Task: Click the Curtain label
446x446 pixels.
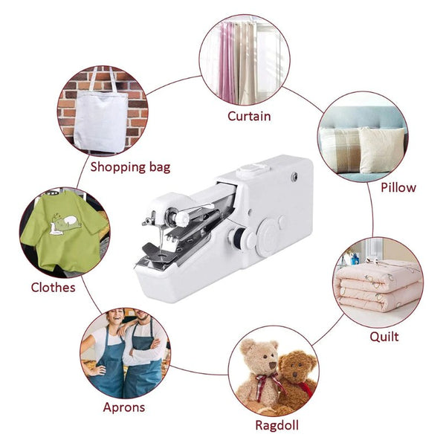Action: tap(249, 116)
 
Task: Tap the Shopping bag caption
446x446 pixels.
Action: tap(130, 167)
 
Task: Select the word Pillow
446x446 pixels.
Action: tap(398, 187)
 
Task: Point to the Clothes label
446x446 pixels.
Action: tap(53, 287)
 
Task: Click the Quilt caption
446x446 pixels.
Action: tap(384, 336)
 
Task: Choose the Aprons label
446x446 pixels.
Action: tap(124, 407)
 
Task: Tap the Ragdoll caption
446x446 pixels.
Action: tap(275, 426)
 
